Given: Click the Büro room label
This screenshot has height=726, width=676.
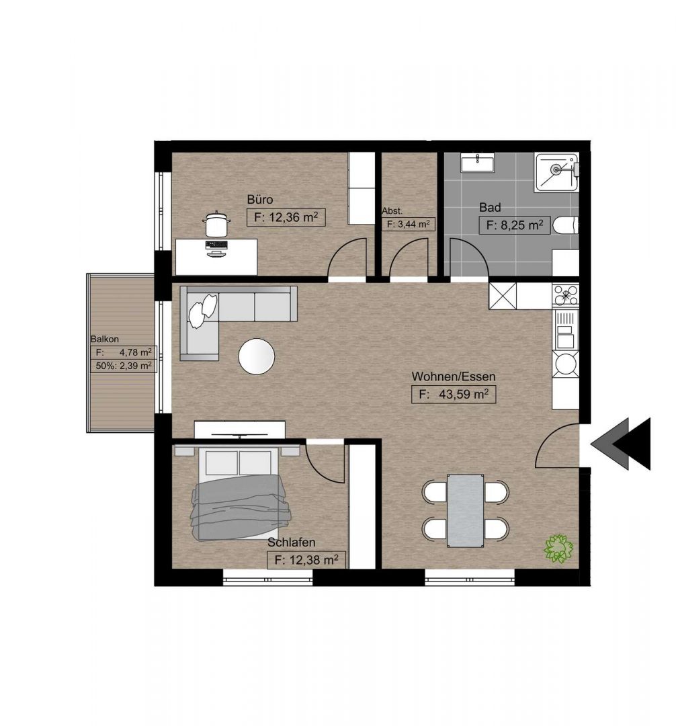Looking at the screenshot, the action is point(259,200).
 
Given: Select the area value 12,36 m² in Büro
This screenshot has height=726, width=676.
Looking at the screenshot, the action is point(286,217).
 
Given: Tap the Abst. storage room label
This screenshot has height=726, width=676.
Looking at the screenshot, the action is point(392,211).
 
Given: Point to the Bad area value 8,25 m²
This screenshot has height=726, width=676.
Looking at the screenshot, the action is point(514,225).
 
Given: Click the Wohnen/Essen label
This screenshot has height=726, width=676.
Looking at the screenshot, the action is point(454,376).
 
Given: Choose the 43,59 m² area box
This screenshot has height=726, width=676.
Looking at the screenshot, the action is point(454,395).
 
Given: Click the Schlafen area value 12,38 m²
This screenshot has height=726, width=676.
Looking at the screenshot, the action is point(306,560).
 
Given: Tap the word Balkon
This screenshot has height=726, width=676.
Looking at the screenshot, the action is point(105,339).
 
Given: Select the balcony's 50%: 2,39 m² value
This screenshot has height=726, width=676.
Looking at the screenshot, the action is point(124,366).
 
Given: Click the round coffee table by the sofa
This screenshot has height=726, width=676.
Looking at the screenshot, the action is point(256,356).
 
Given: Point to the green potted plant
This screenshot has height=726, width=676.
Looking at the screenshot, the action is point(558,549).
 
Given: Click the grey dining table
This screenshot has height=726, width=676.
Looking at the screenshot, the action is point(466,511).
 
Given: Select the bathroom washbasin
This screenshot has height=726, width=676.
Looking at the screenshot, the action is point(478,162).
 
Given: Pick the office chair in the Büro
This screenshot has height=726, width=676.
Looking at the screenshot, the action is point(216,224).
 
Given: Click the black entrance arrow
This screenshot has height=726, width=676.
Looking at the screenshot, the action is point(632,444).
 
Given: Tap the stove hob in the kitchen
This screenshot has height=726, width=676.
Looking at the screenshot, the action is point(565,295).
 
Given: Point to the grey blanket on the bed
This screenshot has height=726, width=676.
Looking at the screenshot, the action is point(241,508).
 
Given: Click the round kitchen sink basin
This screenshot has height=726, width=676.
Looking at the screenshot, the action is point(565,364).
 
